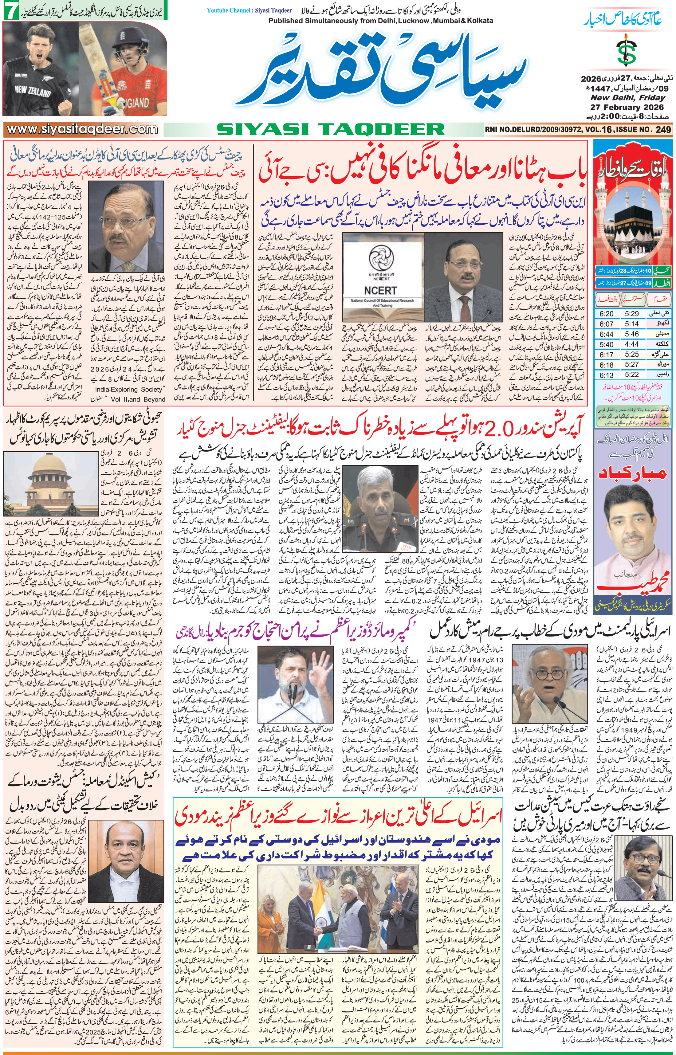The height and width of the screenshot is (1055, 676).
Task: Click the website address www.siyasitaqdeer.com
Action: pos(83,129)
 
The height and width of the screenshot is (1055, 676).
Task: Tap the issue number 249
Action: pos(663,129)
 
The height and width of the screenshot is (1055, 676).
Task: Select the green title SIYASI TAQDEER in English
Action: pos(330,129)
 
